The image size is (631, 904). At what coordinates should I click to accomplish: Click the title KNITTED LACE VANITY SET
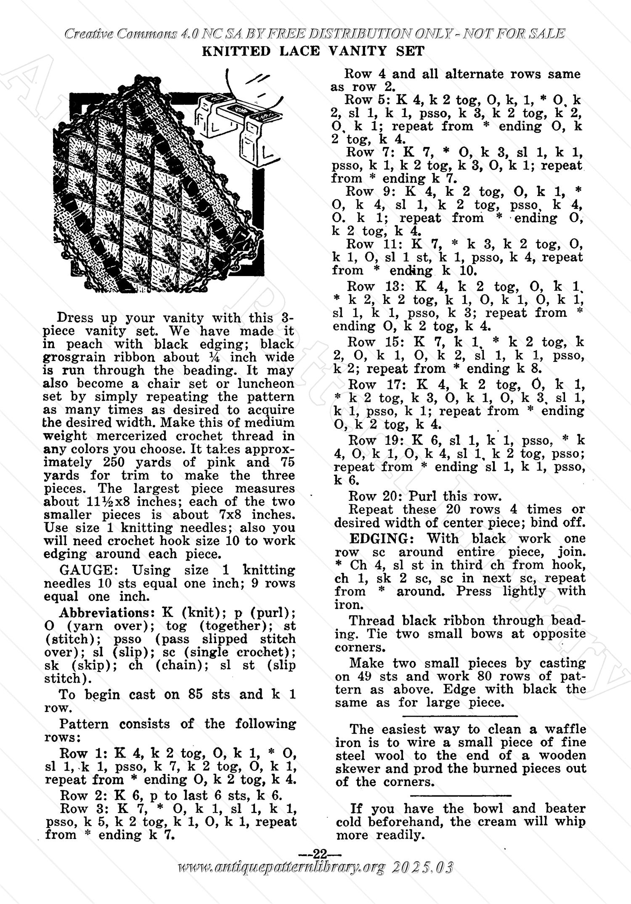point(313,51)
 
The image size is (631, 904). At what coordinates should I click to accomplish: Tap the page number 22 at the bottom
point(320,854)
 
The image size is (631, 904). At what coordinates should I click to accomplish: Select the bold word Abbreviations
point(102,613)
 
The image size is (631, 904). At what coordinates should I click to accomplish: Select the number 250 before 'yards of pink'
point(115,462)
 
